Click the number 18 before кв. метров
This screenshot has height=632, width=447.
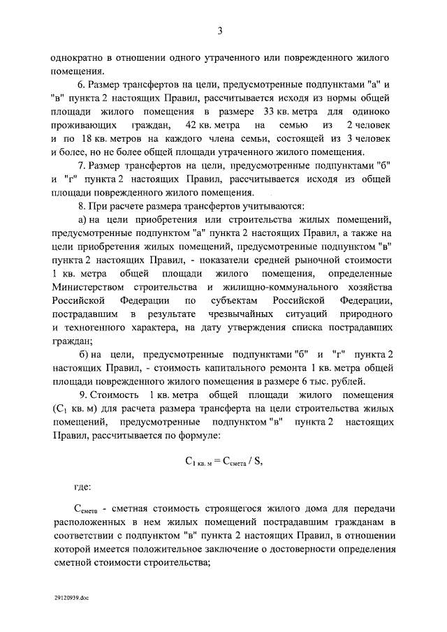pyautogui.click(x=93, y=138)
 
